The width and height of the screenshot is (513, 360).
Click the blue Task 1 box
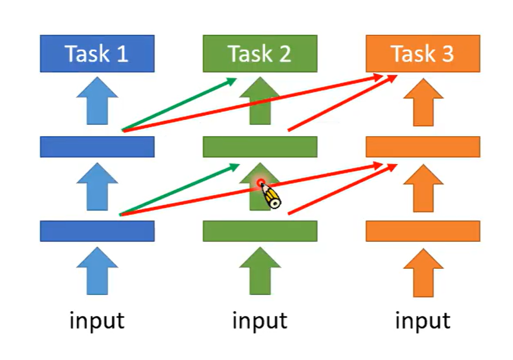(x=97, y=54)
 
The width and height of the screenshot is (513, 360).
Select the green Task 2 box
(x=260, y=54)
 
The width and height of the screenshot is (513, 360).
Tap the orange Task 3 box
(x=423, y=54)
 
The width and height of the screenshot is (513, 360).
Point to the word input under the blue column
(x=97, y=321)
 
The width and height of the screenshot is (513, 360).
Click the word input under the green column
(x=260, y=321)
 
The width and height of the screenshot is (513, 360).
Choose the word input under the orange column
(x=423, y=321)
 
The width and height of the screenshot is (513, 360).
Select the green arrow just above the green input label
(x=260, y=272)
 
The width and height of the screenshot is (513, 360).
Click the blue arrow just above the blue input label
(x=97, y=272)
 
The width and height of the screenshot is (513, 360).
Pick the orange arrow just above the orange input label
(x=423, y=272)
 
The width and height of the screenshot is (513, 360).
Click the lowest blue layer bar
(x=97, y=231)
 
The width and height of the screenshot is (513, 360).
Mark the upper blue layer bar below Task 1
(x=97, y=147)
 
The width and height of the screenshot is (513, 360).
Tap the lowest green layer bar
(x=260, y=231)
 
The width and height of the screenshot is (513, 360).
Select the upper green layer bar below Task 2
(x=260, y=147)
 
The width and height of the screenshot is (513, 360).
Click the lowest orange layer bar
(x=423, y=231)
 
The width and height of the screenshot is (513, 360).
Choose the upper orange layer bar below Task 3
(x=423, y=147)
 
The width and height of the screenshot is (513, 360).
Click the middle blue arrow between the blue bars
(x=97, y=188)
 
